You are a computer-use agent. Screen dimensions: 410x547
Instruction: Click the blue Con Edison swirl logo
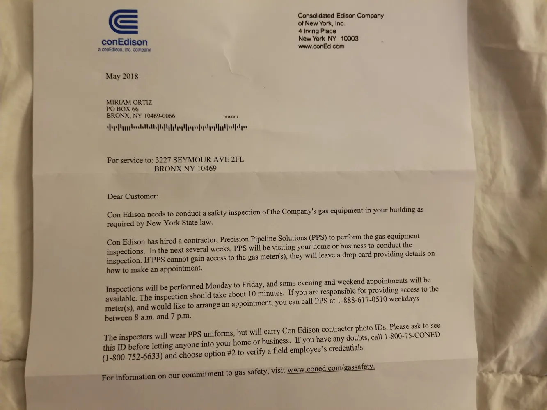point(123,22)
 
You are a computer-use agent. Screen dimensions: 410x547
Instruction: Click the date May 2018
point(122,76)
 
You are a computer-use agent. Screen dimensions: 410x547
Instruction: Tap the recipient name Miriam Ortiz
point(129,102)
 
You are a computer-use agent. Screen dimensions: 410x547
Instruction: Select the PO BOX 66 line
point(122,109)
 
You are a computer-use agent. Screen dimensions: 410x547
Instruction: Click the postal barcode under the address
point(176,128)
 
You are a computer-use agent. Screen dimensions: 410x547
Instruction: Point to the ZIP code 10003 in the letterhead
point(349,39)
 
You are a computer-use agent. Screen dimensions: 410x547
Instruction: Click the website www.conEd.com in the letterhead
point(321,46)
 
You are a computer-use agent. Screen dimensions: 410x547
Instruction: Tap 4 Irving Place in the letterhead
point(317,31)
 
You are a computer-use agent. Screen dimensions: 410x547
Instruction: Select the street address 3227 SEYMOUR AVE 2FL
point(199,159)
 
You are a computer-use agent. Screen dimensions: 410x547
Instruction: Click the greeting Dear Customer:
point(133,196)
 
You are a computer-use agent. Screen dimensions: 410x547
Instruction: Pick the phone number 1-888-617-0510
point(362,300)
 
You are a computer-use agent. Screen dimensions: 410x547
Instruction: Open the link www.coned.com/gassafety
point(331,369)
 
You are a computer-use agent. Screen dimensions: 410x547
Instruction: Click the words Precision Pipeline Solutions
point(263,239)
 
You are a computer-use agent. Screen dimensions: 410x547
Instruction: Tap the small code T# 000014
point(230,117)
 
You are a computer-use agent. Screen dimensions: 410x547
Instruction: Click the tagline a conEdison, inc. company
point(124,50)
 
